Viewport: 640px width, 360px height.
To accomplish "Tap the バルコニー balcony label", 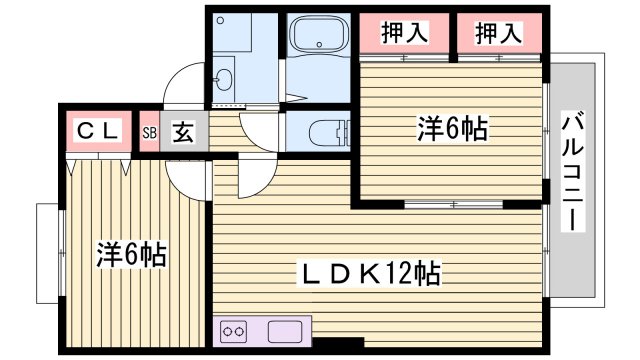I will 571,172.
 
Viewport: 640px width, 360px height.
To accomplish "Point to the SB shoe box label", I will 149,131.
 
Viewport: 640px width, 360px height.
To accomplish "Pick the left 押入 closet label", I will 403,33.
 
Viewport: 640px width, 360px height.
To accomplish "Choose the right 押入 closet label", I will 498,33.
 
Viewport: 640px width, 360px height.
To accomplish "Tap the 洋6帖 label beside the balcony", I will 452,128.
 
